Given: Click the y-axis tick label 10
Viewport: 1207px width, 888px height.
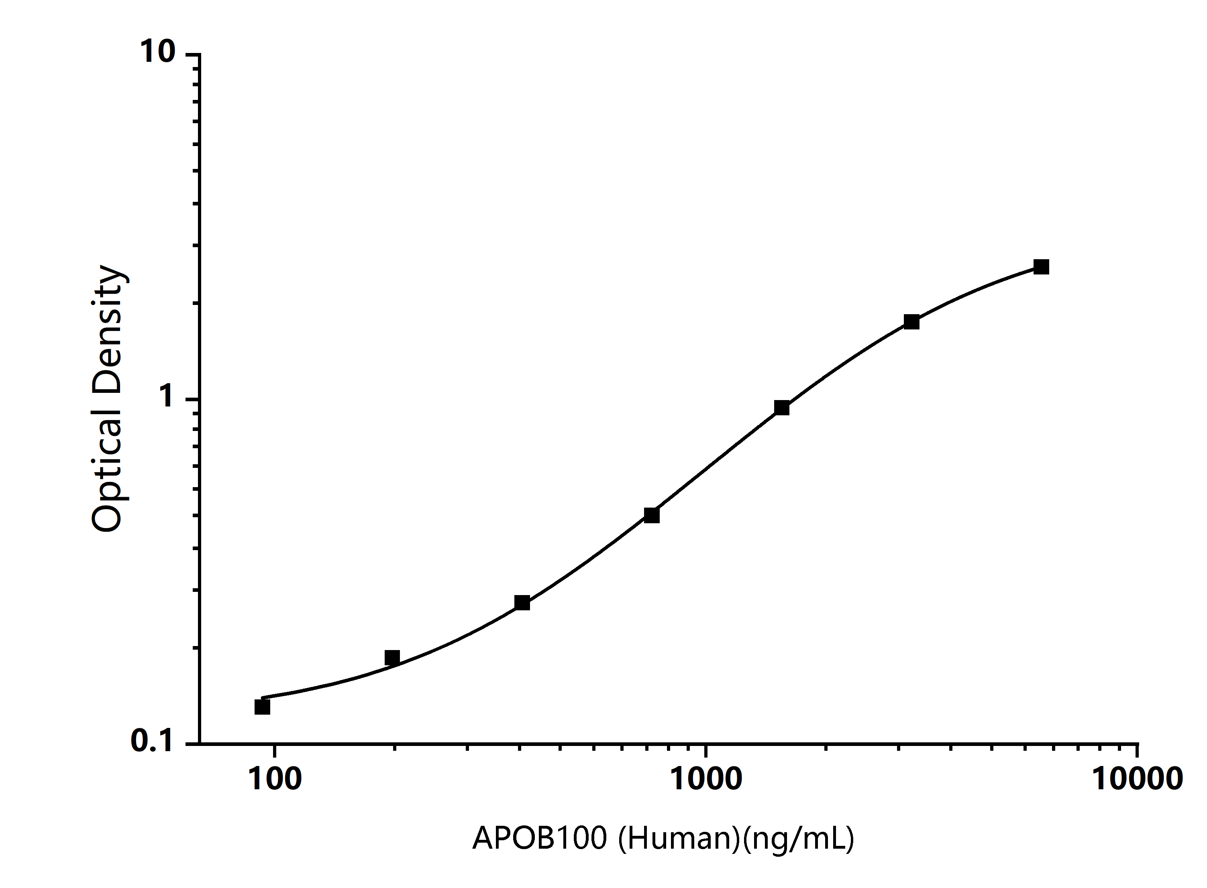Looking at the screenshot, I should (157, 52).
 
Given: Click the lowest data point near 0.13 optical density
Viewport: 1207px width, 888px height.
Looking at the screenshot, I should (262, 706).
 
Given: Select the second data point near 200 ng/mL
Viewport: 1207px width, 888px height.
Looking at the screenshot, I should (392, 657).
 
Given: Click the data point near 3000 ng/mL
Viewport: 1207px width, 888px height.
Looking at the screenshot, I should (911, 322).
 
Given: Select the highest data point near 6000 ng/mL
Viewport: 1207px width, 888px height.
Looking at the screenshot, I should (1041, 266).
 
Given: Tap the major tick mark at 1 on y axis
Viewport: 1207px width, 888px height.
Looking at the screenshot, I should (193, 399).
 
